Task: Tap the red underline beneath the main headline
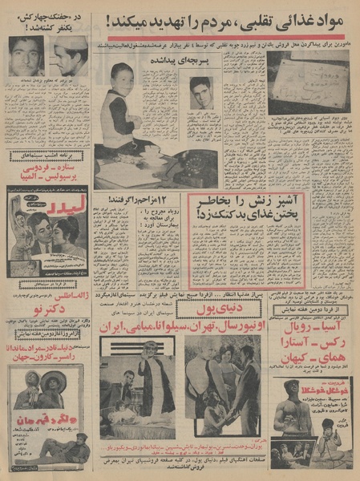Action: tap(224, 36)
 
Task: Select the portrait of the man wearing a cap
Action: tap(71, 57)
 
